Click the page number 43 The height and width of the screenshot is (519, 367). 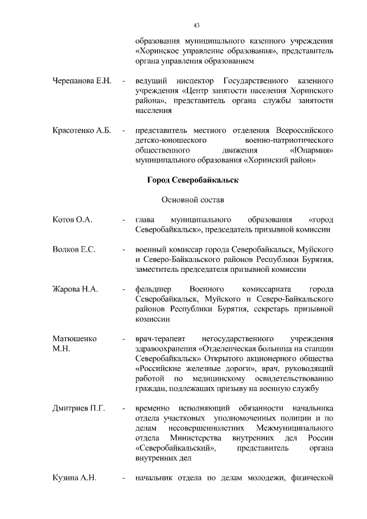pyautogui.click(x=196, y=25)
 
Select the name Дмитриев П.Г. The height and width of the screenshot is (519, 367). pyautogui.click(x=78, y=408)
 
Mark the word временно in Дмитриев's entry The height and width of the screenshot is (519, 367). pyautogui.click(x=151, y=408)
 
